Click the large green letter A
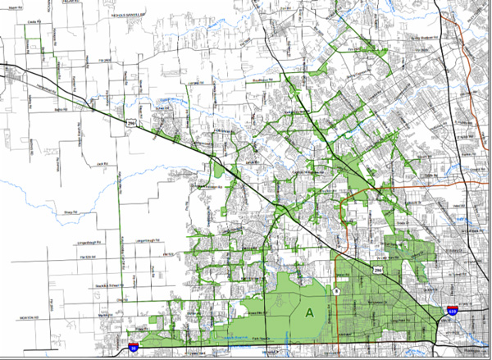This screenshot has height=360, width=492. [309, 312]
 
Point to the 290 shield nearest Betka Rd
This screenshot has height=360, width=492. [130, 122]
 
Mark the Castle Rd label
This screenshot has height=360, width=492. [32, 22]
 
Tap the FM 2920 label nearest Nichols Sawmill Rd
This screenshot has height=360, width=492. [103, 60]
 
